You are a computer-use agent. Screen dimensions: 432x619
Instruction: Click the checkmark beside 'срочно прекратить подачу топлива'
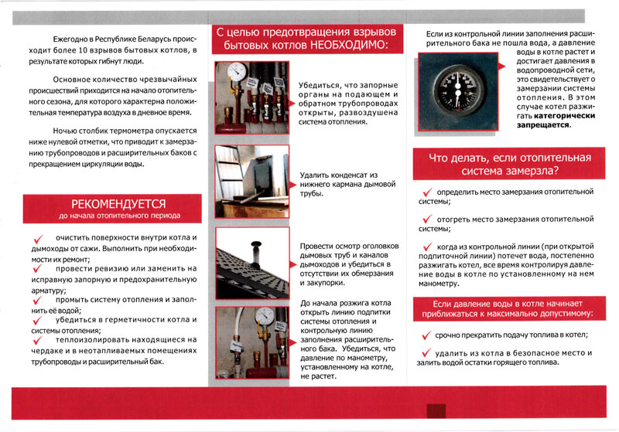tap(426, 335)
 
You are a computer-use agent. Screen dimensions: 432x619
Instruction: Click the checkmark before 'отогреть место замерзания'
tap(426, 219)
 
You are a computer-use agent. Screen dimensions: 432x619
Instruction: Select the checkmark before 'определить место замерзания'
tap(426, 192)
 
